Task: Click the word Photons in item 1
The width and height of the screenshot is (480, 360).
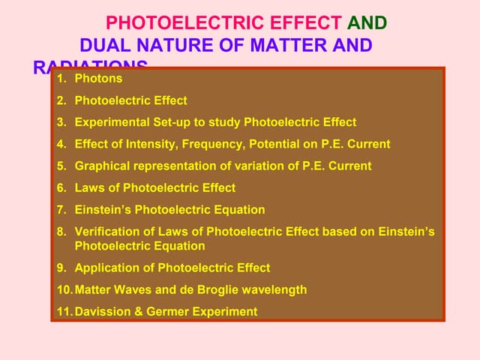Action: click(98, 79)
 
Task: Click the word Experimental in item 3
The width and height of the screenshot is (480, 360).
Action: click(110, 122)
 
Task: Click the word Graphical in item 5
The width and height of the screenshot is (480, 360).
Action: click(102, 166)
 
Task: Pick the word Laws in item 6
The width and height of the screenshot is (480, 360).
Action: click(88, 187)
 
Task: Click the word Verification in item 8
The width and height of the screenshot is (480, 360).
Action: click(105, 232)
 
